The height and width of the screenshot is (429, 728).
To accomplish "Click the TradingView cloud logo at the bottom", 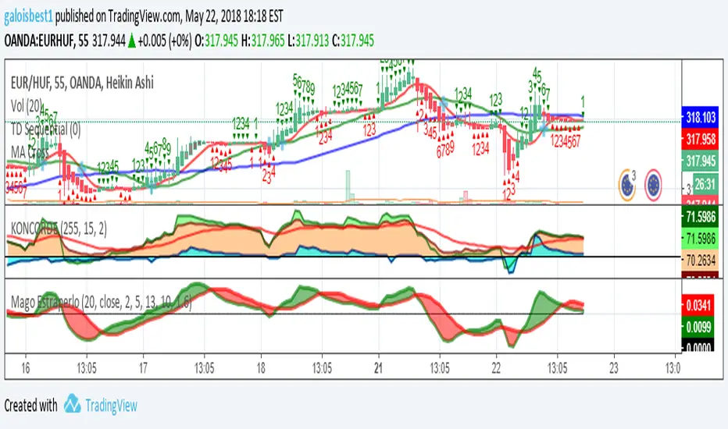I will point(73,404).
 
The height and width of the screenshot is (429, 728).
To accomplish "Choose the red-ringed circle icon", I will point(654,183).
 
